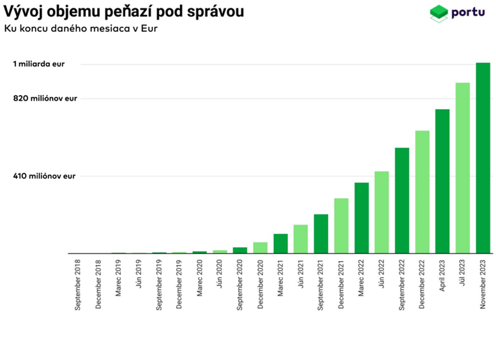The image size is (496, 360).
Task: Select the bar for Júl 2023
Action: point(462,168)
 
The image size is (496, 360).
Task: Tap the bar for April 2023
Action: point(443,181)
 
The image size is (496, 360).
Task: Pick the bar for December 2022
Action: point(422,192)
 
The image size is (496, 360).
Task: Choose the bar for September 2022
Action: point(402,200)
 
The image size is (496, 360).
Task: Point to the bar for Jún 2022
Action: point(381,212)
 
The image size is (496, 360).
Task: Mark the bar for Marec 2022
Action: point(362,218)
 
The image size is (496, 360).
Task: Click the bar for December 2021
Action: point(341,226)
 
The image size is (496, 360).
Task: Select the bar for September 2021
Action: point(321,233)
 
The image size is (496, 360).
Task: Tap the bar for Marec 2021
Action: point(281,244)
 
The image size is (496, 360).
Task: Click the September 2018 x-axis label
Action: point(78,284)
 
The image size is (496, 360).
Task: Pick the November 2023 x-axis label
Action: point(483,284)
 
